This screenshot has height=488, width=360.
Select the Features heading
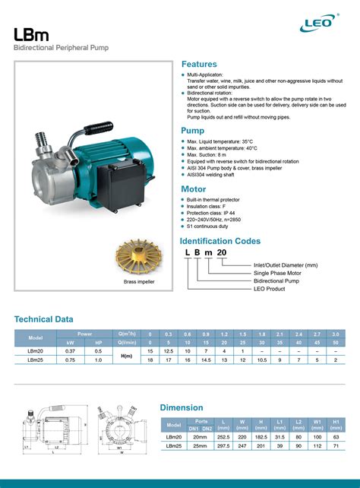click(x=199, y=65)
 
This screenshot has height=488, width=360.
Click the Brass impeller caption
click(x=139, y=282)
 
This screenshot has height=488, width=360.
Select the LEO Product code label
click(x=268, y=288)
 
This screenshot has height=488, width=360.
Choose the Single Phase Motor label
click(x=277, y=273)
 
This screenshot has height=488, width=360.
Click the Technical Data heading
click(x=46, y=319)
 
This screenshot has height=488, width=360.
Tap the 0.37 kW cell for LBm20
click(x=70, y=351)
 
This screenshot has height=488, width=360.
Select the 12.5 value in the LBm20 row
click(x=169, y=351)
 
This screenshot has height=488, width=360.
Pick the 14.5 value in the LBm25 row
click(x=205, y=360)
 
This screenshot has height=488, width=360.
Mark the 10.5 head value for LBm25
click(x=261, y=360)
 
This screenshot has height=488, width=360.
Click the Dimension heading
click(x=182, y=407)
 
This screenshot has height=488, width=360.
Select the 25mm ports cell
click(x=201, y=446)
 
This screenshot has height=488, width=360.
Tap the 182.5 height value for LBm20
click(x=262, y=436)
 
